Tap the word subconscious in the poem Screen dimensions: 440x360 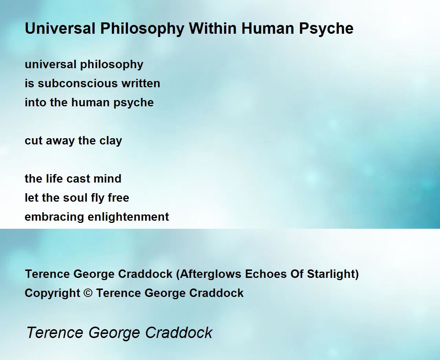coord(78,84)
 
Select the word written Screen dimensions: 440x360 coord(141,84)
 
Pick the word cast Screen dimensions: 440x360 coord(78,179)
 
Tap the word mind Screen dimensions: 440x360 coord(107,179)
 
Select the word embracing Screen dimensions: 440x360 coord(54,217)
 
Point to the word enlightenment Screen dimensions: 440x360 coord(128,217)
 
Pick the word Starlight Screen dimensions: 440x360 coord(333,274)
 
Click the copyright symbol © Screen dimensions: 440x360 coord(88,293)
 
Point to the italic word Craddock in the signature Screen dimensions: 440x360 coord(179,333)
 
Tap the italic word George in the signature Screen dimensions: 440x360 coord(114,333)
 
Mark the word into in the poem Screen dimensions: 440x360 coord(36,103)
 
